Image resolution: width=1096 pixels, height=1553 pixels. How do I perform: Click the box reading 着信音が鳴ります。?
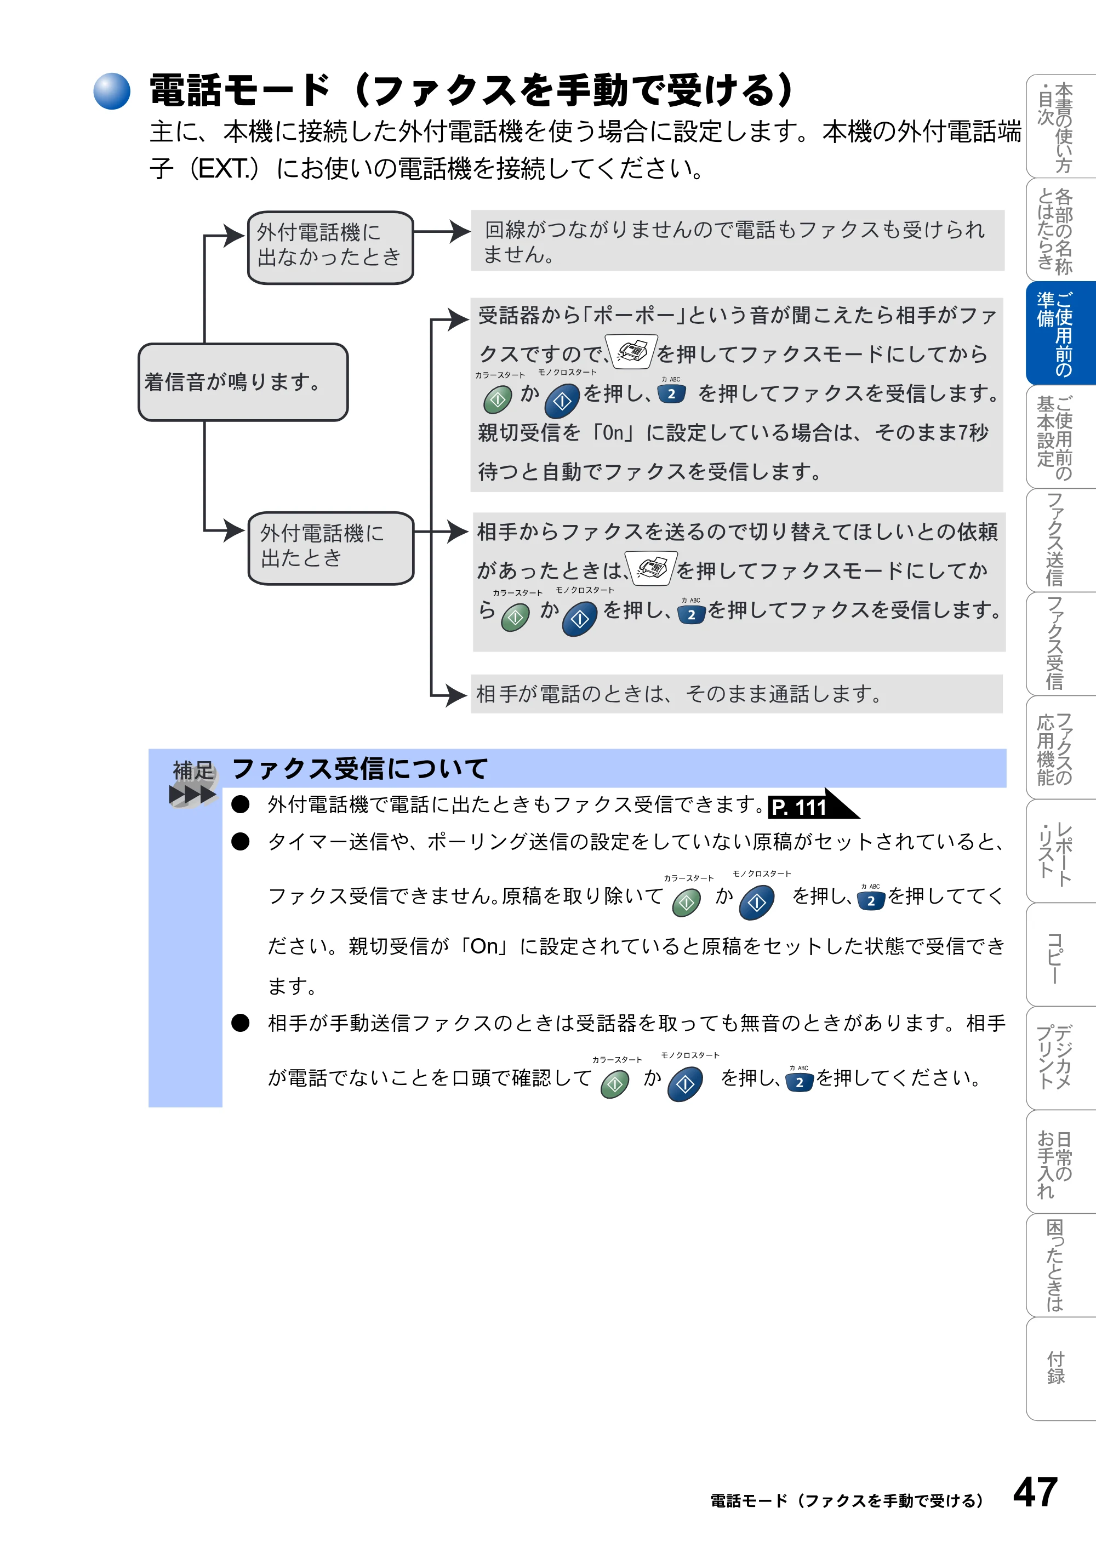[x=243, y=382]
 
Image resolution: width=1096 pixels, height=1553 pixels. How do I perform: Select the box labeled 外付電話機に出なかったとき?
[x=330, y=248]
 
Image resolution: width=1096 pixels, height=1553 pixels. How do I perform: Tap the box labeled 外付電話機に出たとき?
[x=330, y=548]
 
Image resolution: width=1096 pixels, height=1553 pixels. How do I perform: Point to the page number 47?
[x=1035, y=1492]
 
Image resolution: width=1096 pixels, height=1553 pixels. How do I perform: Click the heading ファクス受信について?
[x=359, y=768]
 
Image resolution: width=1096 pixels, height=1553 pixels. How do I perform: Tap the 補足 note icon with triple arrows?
[x=193, y=783]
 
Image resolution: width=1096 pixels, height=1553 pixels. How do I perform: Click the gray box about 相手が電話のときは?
[x=737, y=693]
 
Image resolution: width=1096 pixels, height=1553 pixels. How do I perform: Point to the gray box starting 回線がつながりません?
[x=738, y=241]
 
